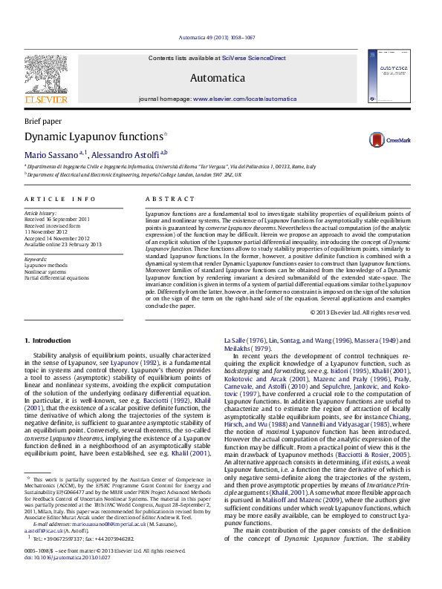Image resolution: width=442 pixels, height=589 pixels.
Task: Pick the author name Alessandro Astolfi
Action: pos(126,154)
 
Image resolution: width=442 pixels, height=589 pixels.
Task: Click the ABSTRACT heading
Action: pos(164,199)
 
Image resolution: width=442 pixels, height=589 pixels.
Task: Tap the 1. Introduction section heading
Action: pos(48,340)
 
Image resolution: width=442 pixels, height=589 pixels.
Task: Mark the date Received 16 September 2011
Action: pos(56,220)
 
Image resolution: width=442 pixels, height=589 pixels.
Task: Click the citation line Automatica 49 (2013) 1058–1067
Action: pos(221,37)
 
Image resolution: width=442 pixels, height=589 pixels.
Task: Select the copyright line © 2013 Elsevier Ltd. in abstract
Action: pos(360,312)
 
